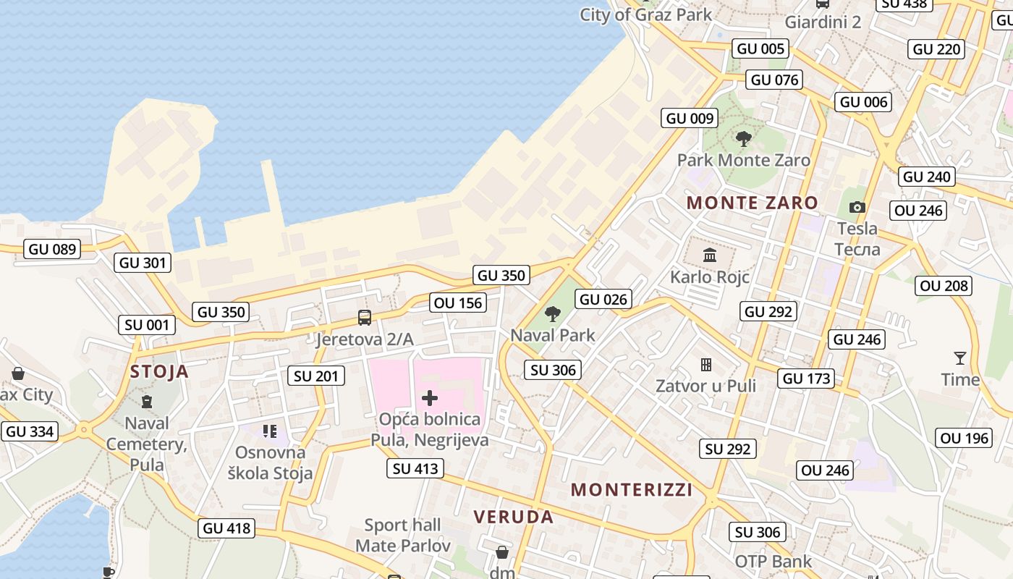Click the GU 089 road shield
[x=52, y=250]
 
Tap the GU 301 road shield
[x=143, y=263]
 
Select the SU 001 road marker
[x=147, y=325]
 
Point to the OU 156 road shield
[x=457, y=303]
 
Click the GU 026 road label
[x=604, y=299]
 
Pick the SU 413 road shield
[x=415, y=468]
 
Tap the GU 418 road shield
[x=226, y=528]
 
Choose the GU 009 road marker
[x=690, y=118]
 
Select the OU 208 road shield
[x=944, y=286]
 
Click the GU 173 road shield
[x=807, y=378]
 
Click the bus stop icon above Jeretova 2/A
[x=365, y=318]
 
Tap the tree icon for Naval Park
[x=553, y=313]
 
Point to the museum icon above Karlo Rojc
[x=709, y=255]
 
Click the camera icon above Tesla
[x=857, y=208]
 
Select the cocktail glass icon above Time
[x=960, y=358]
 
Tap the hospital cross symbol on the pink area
[x=430, y=397]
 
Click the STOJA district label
[x=159, y=372]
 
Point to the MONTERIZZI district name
[x=632, y=490]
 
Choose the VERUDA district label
[x=514, y=517]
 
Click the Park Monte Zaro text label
[x=743, y=160]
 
